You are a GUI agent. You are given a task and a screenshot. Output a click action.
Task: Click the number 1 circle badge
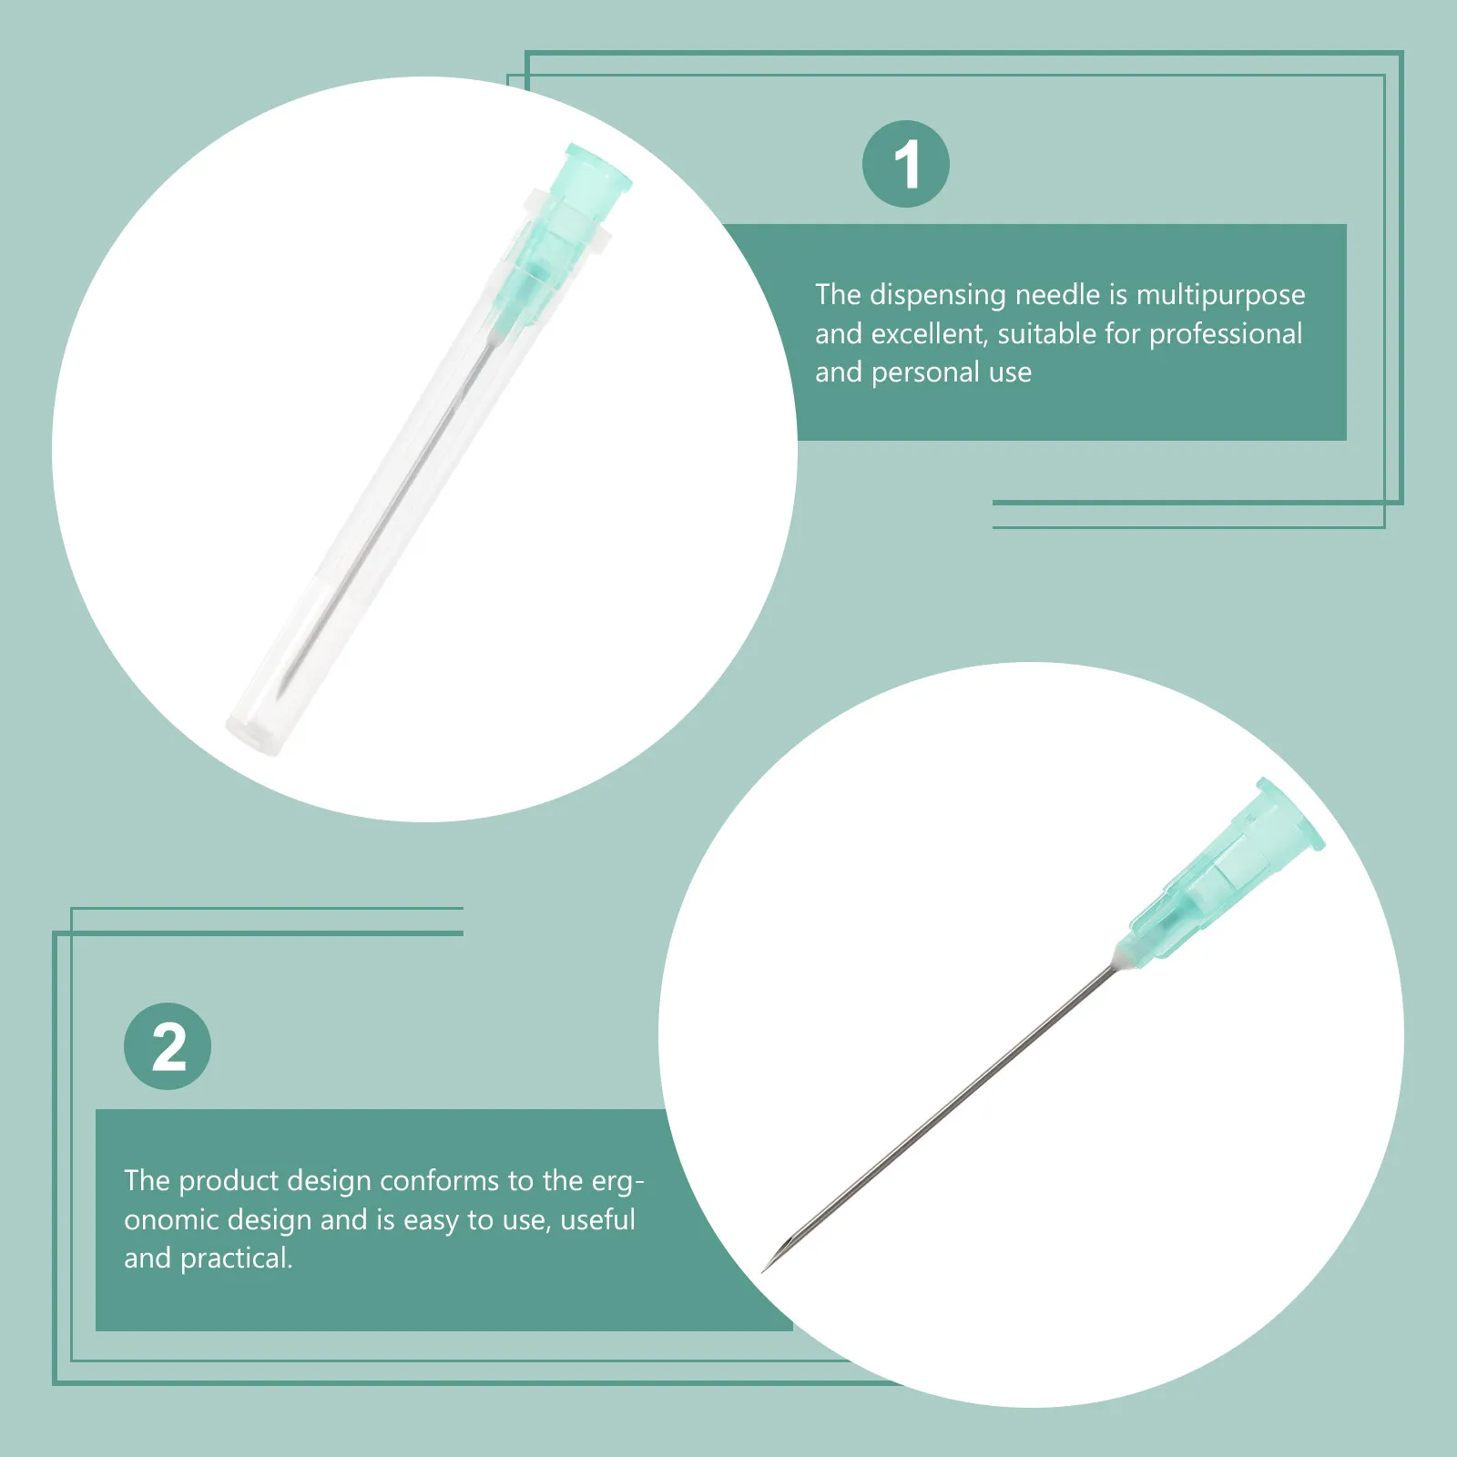[905, 164]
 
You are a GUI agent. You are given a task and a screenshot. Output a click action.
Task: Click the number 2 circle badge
[168, 1046]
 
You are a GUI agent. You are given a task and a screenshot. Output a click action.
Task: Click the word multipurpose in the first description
[1220, 295]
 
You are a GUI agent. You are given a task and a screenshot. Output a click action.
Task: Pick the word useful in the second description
[597, 1219]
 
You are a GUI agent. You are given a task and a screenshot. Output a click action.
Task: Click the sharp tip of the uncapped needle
[766, 1269]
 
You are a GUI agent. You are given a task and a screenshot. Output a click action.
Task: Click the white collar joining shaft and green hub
[1121, 959]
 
